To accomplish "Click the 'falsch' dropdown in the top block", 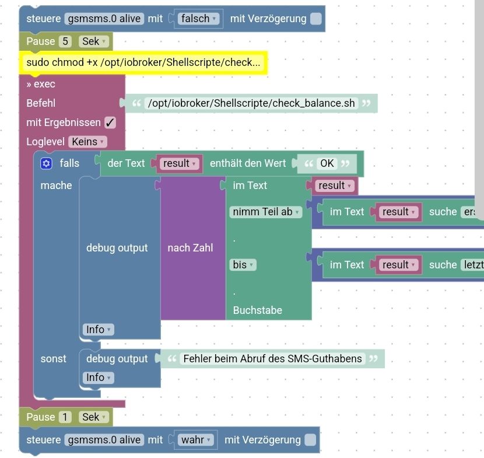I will pos(198,19).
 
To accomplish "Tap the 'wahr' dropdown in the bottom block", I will pos(195,440).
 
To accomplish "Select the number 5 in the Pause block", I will pos(66,41).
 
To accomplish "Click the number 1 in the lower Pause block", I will pos(66,417).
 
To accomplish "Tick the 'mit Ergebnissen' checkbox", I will pos(110,123).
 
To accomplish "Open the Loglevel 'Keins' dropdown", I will pos(88,142).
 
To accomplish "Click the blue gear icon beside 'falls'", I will pos(47,164).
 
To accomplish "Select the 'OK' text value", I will pos(327,163).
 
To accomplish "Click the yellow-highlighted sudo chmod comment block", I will pos(143,62).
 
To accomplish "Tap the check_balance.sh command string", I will pos(251,103).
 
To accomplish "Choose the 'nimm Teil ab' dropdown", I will pos(266,212).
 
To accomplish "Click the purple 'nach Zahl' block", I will pos(190,248).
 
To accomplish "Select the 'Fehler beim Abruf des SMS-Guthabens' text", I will pos(272,359).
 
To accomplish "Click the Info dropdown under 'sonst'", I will pos(98,377).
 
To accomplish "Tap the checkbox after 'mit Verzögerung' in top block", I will pos(315,19).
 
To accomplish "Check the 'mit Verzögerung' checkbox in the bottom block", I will pos(310,440).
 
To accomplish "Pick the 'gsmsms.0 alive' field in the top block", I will pos(104,19).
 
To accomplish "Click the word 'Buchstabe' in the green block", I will pos(257,310).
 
